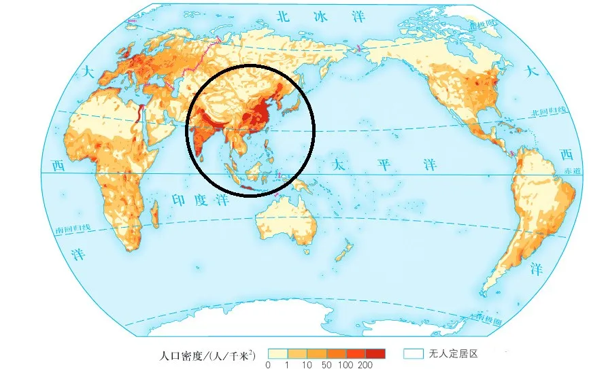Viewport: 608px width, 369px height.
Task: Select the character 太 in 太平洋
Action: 339,165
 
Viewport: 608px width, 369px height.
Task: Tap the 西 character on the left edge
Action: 58,165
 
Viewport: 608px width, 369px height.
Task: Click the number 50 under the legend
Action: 326,366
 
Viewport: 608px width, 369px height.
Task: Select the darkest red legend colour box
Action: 375,353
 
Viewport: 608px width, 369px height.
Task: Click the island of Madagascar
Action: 154,218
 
